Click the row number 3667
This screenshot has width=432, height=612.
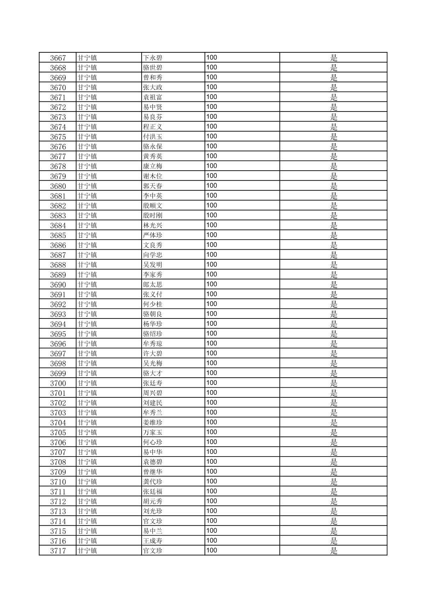click(58, 58)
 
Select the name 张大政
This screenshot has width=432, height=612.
click(153, 87)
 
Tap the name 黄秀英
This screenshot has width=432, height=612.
click(153, 157)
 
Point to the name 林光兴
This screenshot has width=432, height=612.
click(153, 225)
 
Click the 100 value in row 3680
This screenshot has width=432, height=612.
click(212, 186)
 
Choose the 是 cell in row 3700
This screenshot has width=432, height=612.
click(333, 383)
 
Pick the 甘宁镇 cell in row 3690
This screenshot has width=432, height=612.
click(87, 285)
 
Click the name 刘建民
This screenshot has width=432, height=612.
click(153, 403)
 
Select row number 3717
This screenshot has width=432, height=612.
click(58, 551)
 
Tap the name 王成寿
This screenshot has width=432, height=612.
click(153, 541)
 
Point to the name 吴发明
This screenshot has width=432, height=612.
click(153, 265)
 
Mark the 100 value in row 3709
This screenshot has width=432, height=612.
click(212, 471)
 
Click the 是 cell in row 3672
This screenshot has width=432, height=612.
click(333, 107)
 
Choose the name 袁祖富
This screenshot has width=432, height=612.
click(153, 97)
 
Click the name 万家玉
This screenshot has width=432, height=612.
click(153, 432)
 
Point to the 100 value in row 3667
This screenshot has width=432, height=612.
click(212, 58)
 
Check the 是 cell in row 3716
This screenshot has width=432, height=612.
click(333, 541)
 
